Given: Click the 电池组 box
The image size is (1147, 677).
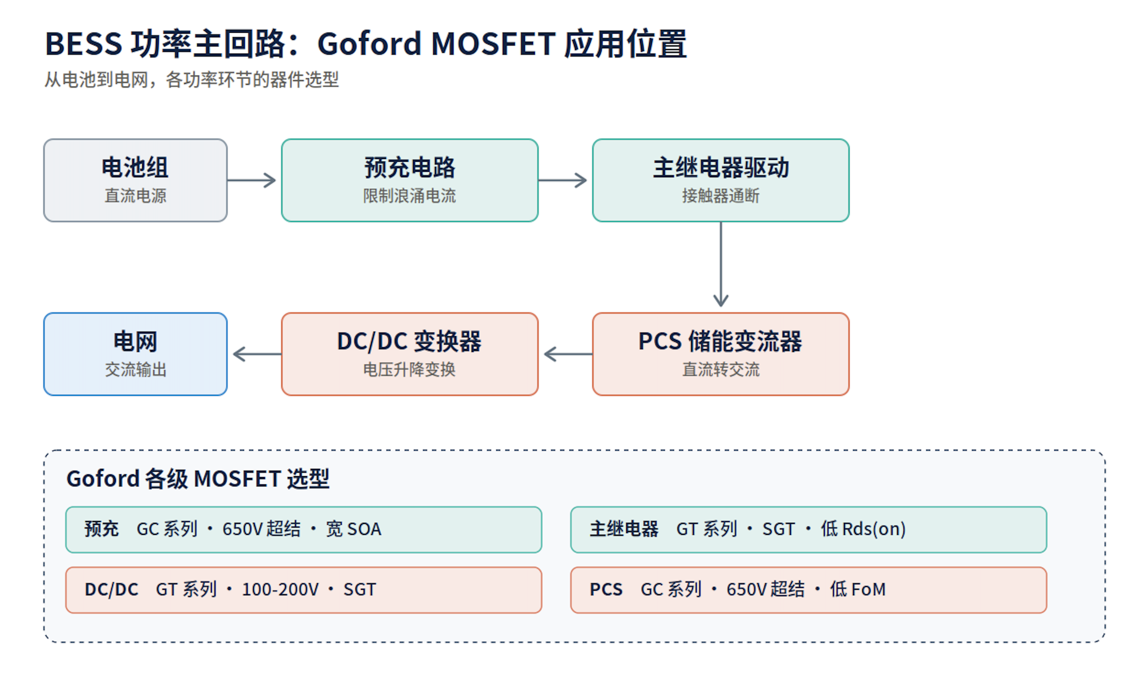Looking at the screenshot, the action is click(x=135, y=181).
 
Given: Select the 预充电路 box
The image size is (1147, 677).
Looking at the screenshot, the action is click(x=410, y=181).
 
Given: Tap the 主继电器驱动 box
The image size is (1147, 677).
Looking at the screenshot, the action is click(x=721, y=181).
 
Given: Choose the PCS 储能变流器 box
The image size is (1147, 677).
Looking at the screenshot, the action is click(x=721, y=354).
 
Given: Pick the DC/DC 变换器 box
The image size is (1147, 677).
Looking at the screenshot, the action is click(x=410, y=354).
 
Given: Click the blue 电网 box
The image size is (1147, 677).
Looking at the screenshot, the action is click(x=135, y=354).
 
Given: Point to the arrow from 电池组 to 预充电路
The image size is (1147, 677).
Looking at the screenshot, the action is click(x=251, y=180).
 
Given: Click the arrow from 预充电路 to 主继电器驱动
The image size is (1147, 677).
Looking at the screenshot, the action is click(x=563, y=180).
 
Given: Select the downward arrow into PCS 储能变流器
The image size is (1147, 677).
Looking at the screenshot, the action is click(x=721, y=264).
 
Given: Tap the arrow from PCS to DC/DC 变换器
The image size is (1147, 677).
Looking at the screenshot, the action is click(x=569, y=354).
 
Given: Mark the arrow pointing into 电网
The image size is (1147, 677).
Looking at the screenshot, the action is click(x=257, y=354).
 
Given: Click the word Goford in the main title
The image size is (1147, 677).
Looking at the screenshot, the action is click(x=369, y=44).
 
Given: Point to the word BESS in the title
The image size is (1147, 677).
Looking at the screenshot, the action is click(x=84, y=44).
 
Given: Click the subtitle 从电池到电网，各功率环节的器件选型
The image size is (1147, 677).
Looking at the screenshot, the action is click(x=192, y=80).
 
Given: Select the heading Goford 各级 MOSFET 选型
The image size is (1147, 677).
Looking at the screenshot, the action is click(x=198, y=479).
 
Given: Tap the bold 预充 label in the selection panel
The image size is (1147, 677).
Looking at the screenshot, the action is click(x=101, y=529).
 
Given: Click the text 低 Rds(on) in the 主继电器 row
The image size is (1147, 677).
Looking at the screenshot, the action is click(x=863, y=529).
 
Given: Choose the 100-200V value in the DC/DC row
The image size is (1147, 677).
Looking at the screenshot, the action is click(x=280, y=590).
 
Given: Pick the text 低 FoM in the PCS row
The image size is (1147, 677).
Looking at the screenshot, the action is click(x=858, y=589).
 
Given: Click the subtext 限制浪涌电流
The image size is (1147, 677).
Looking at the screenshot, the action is click(x=410, y=196).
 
